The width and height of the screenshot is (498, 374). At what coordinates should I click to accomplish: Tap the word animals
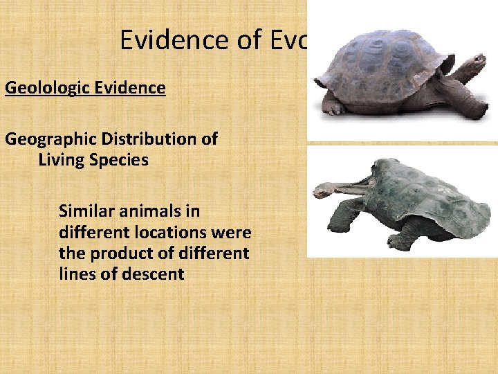coord(152,210)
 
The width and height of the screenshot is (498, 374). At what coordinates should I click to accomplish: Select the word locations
coord(172,231)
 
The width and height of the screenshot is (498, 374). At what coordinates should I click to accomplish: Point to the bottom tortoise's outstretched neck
coord(353,185)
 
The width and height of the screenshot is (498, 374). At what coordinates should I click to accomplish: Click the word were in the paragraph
coord(232,231)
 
